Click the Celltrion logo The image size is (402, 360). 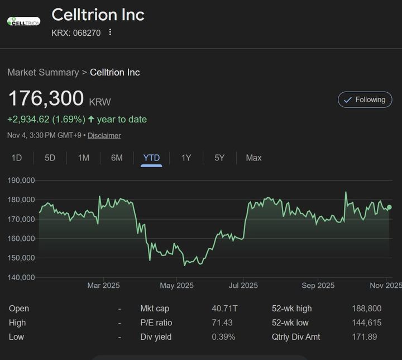[23, 21]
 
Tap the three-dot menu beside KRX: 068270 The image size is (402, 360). [110, 32]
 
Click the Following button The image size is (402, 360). [365, 100]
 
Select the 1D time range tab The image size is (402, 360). [17, 158]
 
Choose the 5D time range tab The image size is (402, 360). [50, 158]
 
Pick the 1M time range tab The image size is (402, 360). [83, 158]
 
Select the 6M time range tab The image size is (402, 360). [117, 158]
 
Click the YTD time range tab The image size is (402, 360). [151, 158]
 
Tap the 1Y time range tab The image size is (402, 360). [186, 158]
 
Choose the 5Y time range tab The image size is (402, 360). [219, 158]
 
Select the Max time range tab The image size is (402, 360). [253, 158]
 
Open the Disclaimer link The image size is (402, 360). [104, 135]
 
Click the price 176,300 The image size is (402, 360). [46, 99]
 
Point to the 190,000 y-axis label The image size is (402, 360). [21, 181]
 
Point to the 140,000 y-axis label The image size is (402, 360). [21, 277]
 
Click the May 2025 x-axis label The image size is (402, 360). [176, 286]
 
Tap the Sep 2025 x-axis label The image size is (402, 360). [318, 286]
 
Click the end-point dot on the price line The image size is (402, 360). [389, 207]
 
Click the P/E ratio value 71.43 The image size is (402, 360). [222, 323]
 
